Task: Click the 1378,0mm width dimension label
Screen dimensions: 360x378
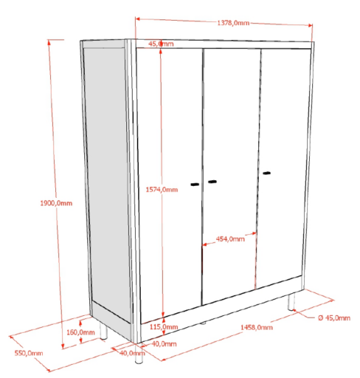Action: tap(233, 23)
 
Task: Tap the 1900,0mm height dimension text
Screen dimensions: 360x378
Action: tap(56, 203)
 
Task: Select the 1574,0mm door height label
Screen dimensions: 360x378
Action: tap(162, 189)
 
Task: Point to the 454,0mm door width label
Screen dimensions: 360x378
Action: tap(230, 238)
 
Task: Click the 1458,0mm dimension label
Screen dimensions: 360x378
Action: tap(257, 327)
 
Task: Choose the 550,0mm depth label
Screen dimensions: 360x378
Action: tap(29, 353)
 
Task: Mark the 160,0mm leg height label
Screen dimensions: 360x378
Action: tap(80, 332)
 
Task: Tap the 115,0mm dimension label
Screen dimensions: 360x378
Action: tap(164, 327)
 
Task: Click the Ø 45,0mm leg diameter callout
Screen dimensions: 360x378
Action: tap(334, 317)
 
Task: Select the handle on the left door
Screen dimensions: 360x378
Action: tap(195, 184)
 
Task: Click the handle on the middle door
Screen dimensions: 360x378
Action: tap(212, 182)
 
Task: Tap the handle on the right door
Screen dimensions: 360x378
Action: tap(266, 173)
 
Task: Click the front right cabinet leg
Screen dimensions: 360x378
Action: tap(291, 301)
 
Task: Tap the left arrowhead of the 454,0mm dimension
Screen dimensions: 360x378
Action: tap(204, 244)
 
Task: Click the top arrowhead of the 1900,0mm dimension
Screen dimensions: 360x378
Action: tap(49, 42)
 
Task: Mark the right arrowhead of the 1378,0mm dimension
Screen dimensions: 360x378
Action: tap(310, 25)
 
